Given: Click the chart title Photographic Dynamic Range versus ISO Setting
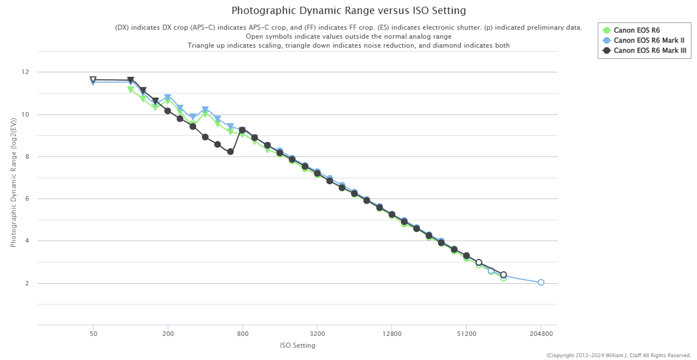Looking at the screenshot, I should click(348, 11).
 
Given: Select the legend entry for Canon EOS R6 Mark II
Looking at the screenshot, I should click(649, 40).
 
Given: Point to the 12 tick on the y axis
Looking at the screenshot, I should click(25, 72).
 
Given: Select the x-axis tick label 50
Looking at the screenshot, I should click(93, 334).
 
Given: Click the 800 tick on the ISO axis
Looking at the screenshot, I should click(242, 334).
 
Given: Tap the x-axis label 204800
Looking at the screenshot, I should click(541, 334).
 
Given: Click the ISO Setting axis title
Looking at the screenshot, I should click(297, 345).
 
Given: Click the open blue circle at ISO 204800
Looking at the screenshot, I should click(541, 283).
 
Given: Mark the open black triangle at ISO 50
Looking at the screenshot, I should click(93, 80).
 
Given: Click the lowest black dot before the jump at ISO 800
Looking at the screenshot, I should click(230, 151).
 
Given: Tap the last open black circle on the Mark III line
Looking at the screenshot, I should click(504, 275).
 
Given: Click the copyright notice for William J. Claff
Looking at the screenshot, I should click(618, 355).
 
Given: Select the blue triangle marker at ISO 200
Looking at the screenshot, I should click(168, 98).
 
